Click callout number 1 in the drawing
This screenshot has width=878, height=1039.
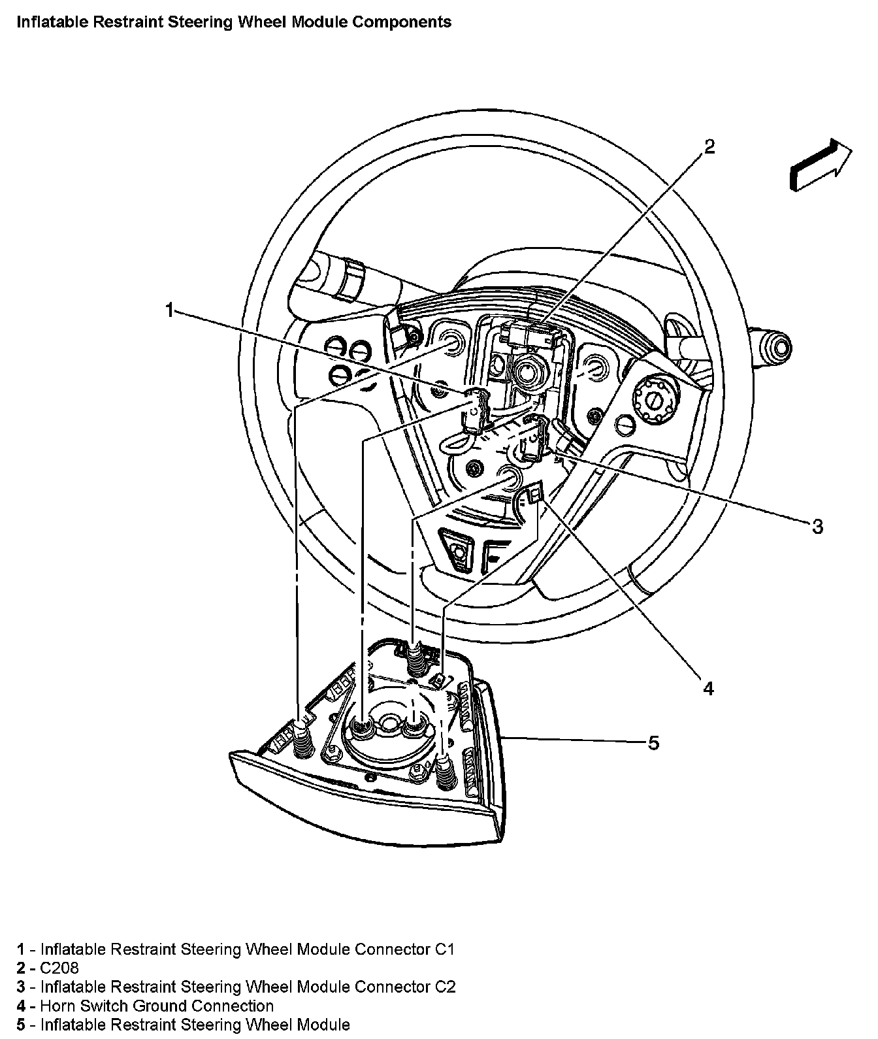point(170,310)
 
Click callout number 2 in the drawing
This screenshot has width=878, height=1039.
point(709,147)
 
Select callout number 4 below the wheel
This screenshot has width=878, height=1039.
point(709,687)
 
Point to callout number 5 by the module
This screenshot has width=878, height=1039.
point(653,742)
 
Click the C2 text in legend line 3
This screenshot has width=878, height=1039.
point(445,987)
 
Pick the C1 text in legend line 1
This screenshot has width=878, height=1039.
point(444,949)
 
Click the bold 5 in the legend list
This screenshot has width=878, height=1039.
point(21,1025)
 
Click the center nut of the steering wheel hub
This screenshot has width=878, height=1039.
point(526,372)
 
